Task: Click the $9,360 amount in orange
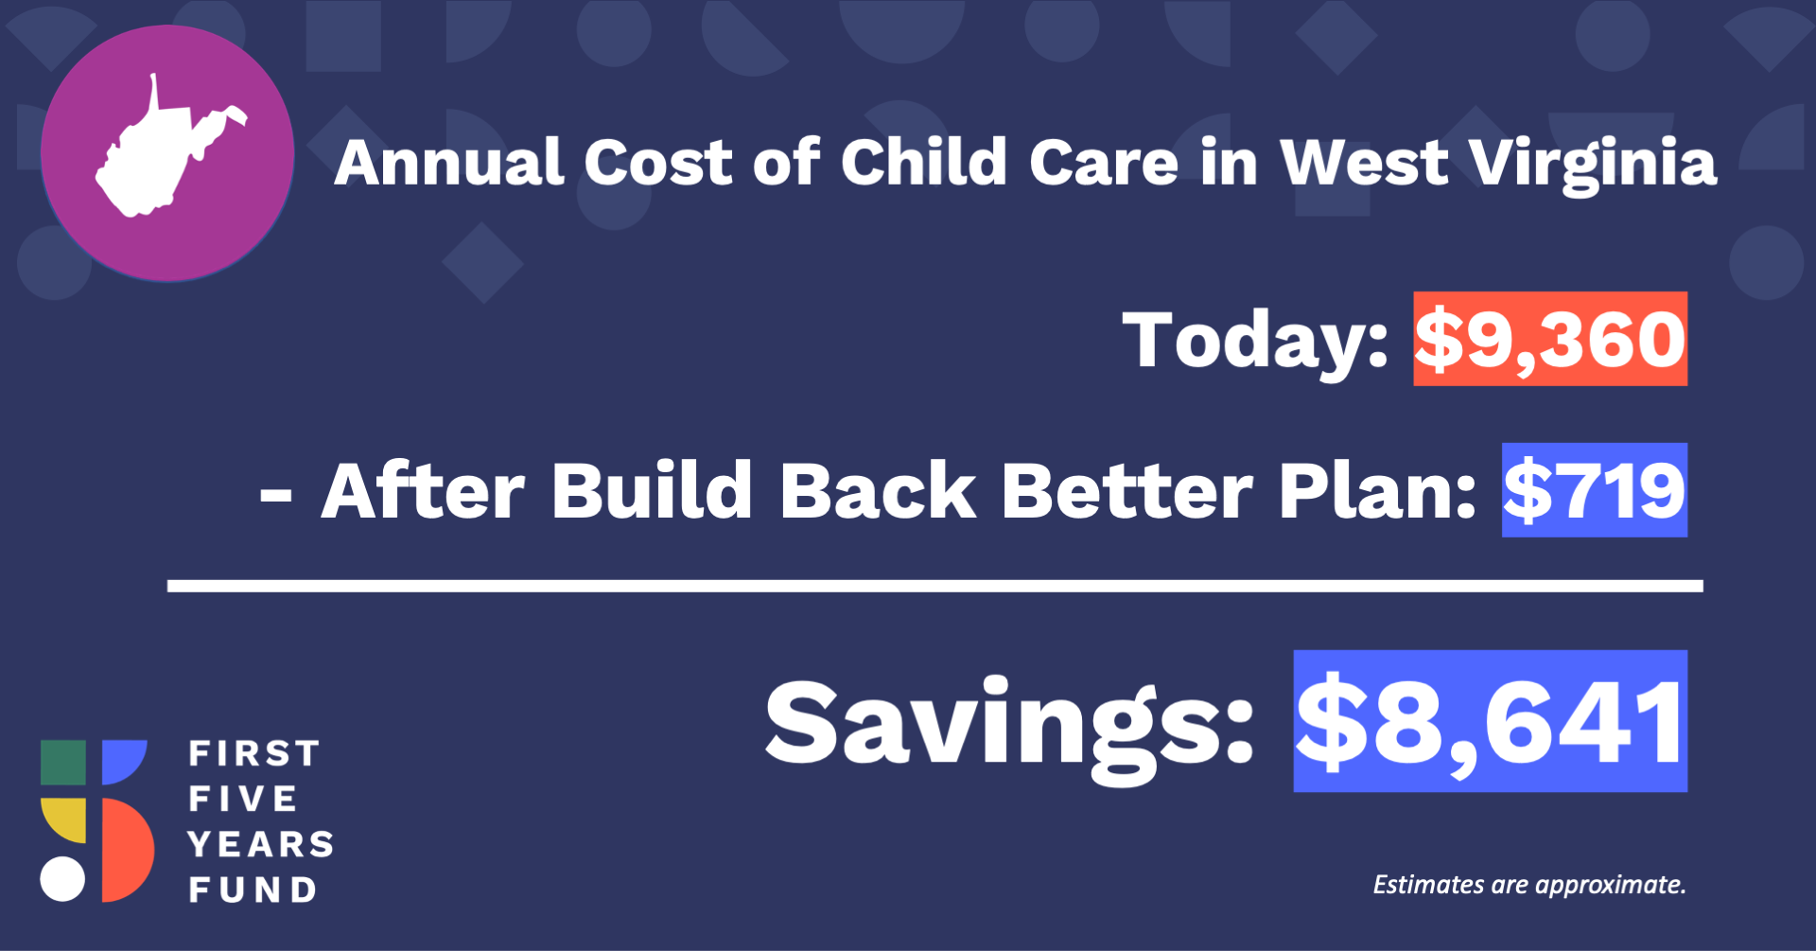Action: pos(1550,339)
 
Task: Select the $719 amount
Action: pos(1595,490)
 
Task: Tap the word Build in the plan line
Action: pos(652,490)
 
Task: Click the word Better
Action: pos(1126,491)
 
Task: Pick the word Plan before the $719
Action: pos(1377,491)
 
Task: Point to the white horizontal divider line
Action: pos(935,586)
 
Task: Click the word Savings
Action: pos(1009,728)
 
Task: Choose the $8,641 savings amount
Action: pos(1491,721)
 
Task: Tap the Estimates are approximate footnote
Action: pos(1529,885)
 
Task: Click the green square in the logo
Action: pos(63,763)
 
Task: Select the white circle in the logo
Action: pos(62,878)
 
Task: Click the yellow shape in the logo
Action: pos(63,819)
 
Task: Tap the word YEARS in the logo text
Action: pos(261,844)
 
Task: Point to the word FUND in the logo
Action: pos(253,889)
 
